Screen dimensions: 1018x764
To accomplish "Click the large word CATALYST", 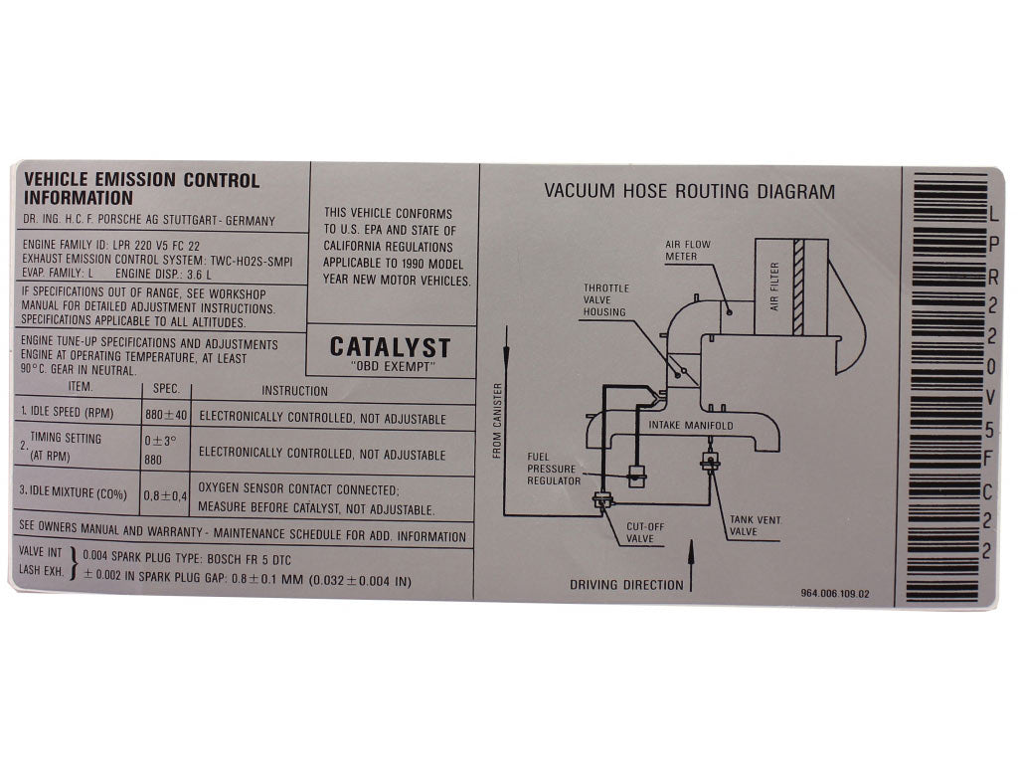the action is [x=390, y=347].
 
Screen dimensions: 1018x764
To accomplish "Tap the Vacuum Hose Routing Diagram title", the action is [x=690, y=191].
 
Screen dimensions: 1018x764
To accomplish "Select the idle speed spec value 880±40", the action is [x=166, y=415].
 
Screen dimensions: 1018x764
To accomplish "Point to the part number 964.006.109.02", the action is [x=835, y=593].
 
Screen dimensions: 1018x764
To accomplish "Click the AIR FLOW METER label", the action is [x=688, y=250].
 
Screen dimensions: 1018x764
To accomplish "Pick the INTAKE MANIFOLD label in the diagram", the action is [x=691, y=426].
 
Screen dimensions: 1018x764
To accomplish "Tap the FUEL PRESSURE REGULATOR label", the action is [x=554, y=469].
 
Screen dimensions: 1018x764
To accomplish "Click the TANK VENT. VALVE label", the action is [x=756, y=525].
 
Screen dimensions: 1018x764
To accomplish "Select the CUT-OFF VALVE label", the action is [x=645, y=533].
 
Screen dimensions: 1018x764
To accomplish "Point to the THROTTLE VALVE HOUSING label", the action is [x=605, y=299].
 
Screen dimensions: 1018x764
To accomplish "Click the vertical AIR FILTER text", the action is [x=773, y=286].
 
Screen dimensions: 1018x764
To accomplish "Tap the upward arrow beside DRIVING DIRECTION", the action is [x=692, y=565].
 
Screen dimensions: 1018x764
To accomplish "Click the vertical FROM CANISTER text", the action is [x=498, y=421].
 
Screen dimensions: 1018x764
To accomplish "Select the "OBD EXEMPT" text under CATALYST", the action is [x=391, y=366].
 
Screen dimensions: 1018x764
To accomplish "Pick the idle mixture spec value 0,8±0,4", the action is [x=166, y=495].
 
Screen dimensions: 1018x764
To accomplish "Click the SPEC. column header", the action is [x=166, y=389].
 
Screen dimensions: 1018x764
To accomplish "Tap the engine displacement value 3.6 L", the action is [x=199, y=275].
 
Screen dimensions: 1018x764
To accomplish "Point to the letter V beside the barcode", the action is [x=990, y=398].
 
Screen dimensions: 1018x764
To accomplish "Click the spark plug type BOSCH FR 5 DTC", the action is [x=250, y=559].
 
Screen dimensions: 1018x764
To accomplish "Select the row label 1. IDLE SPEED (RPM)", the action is [x=67, y=412].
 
